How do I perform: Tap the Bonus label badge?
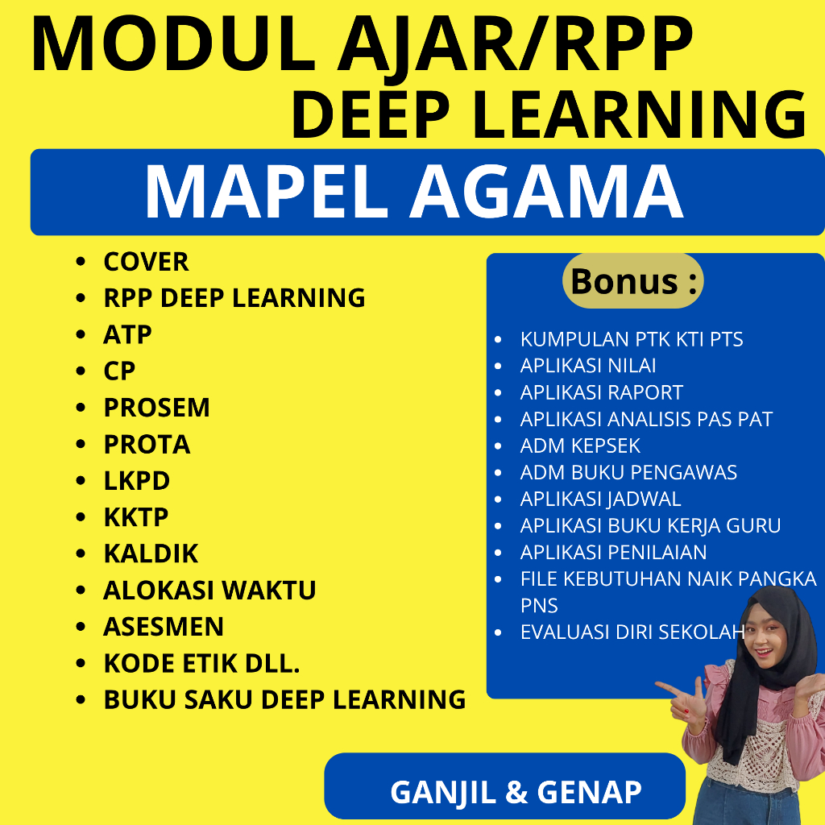pyautogui.click(x=632, y=281)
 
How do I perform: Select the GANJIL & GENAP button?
pyautogui.click(x=516, y=791)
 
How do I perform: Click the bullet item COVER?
pyautogui.click(x=146, y=262)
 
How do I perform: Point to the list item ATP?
pyautogui.click(x=127, y=334)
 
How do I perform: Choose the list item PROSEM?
pyautogui.click(x=156, y=408)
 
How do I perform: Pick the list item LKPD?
pyautogui.click(x=136, y=481)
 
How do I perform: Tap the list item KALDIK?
pyautogui.click(x=150, y=554)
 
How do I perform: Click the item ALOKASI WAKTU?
pyautogui.click(x=209, y=591)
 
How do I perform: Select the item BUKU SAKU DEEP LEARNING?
pyautogui.click(x=284, y=699)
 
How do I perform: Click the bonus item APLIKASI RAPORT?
pyautogui.click(x=601, y=392)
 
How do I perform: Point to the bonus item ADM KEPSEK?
pyautogui.click(x=580, y=446)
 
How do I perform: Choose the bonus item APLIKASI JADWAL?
pyautogui.click(x=600, y=499)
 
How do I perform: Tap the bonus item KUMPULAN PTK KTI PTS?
pyautogui.click(x=632, y=339)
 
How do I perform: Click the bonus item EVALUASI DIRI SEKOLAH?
pyautogui.click(x=632, y=632)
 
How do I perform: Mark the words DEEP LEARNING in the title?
pyautogui.click(x=548, y=115)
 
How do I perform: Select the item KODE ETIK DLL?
pyautogui.click(x=201, y=663)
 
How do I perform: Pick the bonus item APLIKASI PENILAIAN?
pyautogui.click(x=613, y=552)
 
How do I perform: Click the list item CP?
pyautogui.click(x=119, y=371)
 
